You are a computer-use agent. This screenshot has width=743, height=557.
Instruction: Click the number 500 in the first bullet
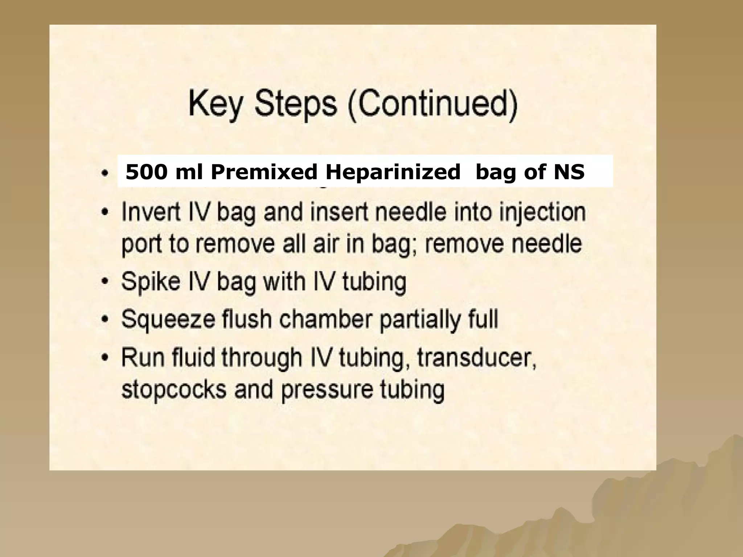(147, 172)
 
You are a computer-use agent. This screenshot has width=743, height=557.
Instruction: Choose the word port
(141, 245)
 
